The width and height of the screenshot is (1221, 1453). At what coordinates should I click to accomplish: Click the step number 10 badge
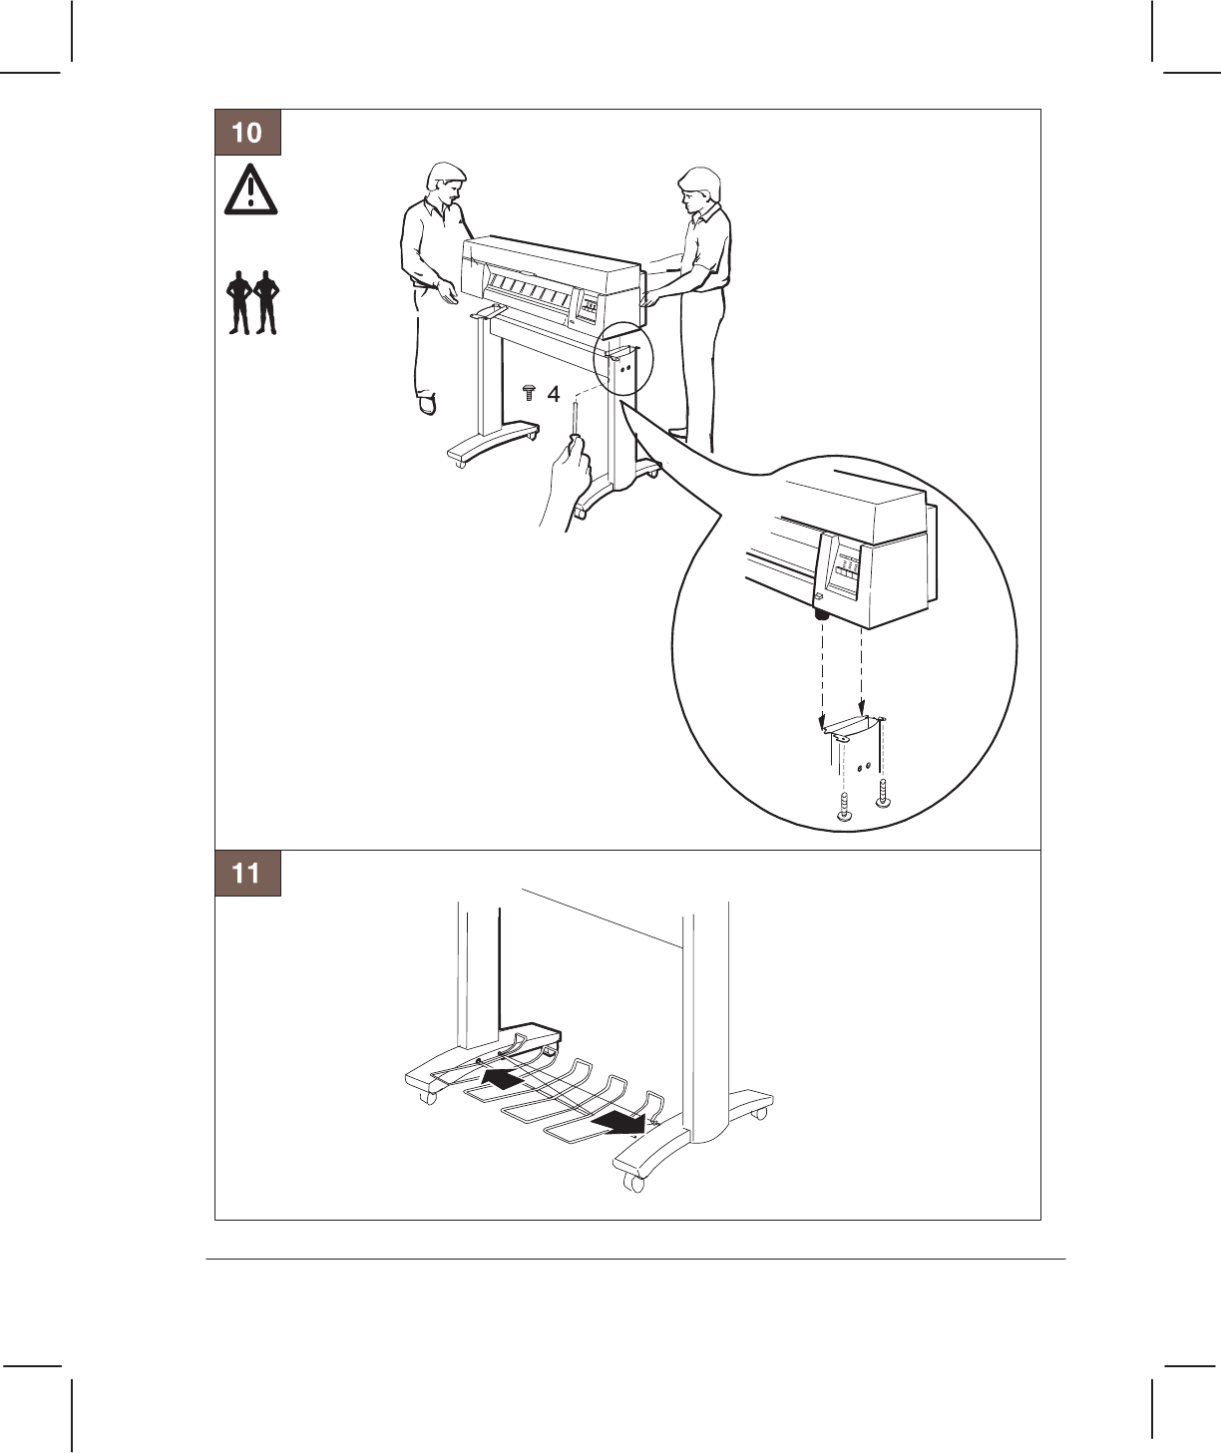click(x=247, y=133)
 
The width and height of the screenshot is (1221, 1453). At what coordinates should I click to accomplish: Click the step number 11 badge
click(x=247, y=873)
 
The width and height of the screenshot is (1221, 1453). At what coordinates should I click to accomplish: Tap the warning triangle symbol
click(x=250, y=189)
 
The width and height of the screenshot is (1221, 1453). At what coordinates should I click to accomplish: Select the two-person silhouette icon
click(x=252, y=303)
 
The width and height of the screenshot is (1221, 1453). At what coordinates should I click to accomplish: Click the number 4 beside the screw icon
click(x=554, y=395)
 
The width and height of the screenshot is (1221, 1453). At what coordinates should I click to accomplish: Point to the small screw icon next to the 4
click(x=529, y=393)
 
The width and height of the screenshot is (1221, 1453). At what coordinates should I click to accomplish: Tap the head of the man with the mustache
click(x=446, y=183)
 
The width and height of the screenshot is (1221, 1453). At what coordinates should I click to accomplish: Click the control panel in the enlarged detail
click(x=844, y=566)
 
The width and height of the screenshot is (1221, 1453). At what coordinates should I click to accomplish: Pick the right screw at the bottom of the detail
click(x=883, y=793)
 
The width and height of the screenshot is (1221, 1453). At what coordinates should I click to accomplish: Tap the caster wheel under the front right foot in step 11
click(x=633, y=1183)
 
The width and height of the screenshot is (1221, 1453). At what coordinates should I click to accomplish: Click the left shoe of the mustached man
click(x=427, y=404)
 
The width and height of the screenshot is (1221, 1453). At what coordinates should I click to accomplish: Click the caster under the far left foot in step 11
click(x=427, y=1097)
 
